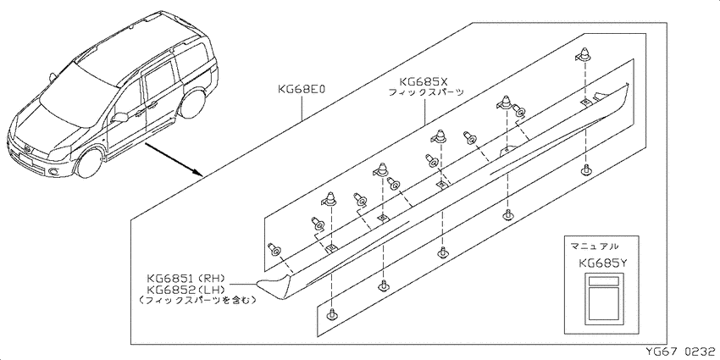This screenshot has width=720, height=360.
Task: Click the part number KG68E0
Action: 302,89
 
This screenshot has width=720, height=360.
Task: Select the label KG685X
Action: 423,81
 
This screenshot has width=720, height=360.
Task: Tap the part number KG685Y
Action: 602,263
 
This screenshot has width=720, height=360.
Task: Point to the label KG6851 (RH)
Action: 185,279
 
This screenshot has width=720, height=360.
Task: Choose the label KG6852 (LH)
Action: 185,290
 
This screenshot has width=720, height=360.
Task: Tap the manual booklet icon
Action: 602,296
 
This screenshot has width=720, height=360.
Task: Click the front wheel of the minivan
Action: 89,163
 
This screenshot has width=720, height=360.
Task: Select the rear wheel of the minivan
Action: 193,104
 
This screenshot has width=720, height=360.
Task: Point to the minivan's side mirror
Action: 119,117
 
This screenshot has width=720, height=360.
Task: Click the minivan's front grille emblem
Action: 27,150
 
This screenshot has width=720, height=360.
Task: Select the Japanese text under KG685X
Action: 426,92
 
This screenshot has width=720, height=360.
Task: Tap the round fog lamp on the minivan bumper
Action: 53,173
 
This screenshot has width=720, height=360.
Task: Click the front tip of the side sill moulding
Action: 258,282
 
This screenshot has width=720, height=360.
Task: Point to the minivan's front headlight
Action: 58,154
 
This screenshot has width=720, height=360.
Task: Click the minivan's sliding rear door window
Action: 158,81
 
